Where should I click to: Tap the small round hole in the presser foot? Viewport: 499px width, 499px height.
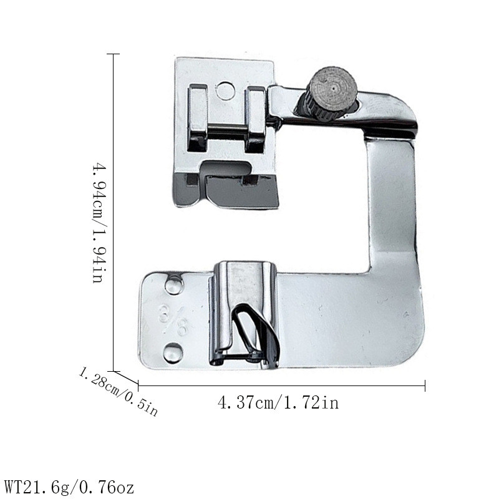pyautogui.click(x=225, y=90)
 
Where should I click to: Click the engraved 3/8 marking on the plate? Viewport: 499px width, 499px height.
pyautogui.click(x=174, y=319)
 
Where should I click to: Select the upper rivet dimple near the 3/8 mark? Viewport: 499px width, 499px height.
pyautogui.click(x=174, y=284)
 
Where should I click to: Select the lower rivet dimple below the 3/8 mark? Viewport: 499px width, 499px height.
pyautogui.click(x=173, y=353)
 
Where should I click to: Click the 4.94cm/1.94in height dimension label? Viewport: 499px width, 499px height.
pyautogui.click(x=98, y=223)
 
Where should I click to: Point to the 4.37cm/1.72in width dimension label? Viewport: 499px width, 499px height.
pyautogui.click(x=278, y=402)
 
